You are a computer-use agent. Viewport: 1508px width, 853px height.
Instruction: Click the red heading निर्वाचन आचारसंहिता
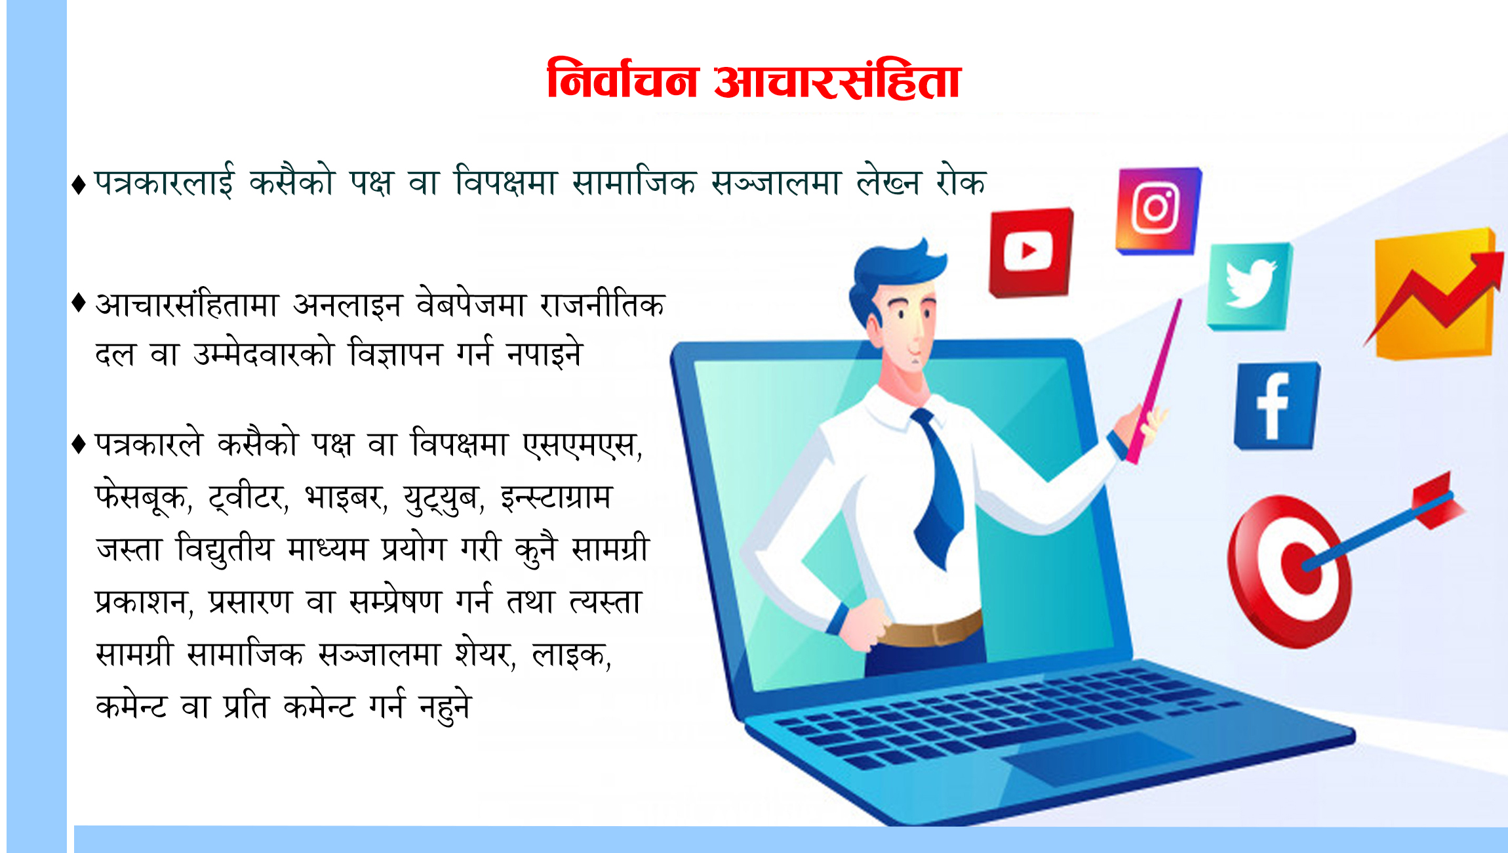754,80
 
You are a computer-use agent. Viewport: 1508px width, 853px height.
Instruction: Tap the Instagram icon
1159,210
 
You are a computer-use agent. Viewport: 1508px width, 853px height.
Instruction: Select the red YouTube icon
1031,252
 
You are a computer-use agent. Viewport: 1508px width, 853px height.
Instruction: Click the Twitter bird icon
1250,286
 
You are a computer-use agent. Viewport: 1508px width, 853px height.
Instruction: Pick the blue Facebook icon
1276,406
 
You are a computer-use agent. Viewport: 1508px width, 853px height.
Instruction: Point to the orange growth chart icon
1435,293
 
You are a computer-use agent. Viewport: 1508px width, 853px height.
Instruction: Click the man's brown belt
931,629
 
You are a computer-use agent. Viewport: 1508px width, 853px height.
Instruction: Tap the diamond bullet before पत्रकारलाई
79,184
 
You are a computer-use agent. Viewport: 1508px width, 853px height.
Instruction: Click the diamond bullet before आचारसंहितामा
79,303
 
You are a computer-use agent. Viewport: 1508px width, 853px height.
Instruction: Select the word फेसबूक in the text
141,497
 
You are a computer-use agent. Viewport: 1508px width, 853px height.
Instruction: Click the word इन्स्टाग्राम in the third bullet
557,497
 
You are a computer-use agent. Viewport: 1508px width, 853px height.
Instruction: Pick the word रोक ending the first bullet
961,181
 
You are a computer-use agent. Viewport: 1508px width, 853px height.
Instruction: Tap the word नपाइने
544,354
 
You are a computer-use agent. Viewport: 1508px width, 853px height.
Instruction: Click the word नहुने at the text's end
446,706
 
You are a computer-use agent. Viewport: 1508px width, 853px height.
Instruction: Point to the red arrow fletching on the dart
1439,500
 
